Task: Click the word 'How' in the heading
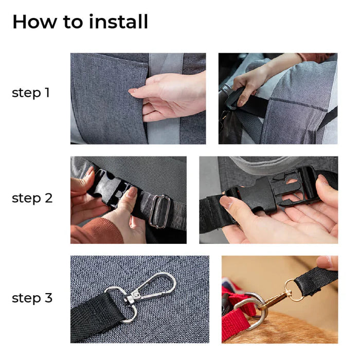coord(32,22)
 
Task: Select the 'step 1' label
coord(31,93)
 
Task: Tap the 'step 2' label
coord(32,198)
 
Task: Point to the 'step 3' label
coord(32,298)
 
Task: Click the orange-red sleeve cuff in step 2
coord(95,231)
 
